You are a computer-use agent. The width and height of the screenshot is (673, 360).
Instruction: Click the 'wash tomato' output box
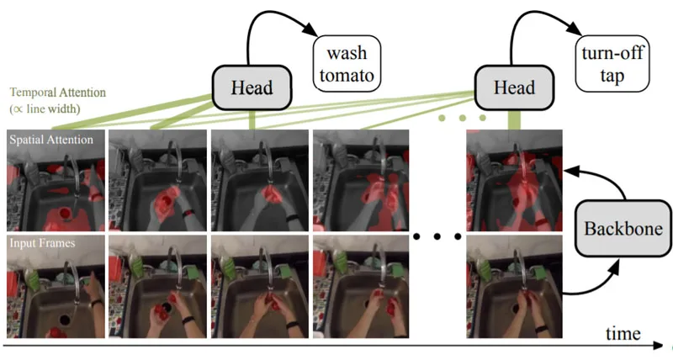(x=347, y=64)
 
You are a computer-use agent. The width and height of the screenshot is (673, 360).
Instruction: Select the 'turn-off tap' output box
(x=612, y=64)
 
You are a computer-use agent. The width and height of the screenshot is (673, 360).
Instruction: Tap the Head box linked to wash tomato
(x=252, y=88)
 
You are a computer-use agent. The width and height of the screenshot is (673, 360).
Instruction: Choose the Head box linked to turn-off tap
(x=514, y=88)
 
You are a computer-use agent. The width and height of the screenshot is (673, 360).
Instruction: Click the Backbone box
(x=623, y=228)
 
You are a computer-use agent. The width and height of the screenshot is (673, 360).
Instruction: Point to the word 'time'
(x=623, y=333)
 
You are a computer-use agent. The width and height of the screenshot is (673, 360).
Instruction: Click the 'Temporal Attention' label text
(x=57, y=93)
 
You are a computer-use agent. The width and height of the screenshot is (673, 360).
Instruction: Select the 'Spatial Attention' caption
(x=51, y=140)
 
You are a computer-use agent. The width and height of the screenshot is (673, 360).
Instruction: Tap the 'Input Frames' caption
(x=42, y=243)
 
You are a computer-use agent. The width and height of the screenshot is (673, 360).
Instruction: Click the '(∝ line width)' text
(x=45, y=109)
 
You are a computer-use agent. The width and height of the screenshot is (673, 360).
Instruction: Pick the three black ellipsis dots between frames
(x=437, y=236)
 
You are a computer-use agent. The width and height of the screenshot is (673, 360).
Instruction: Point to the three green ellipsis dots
(x=462, y=118)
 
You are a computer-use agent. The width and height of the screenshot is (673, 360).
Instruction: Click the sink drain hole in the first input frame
(x=66, y=319)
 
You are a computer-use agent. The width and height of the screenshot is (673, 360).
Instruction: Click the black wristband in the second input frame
(x=187, y=320)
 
